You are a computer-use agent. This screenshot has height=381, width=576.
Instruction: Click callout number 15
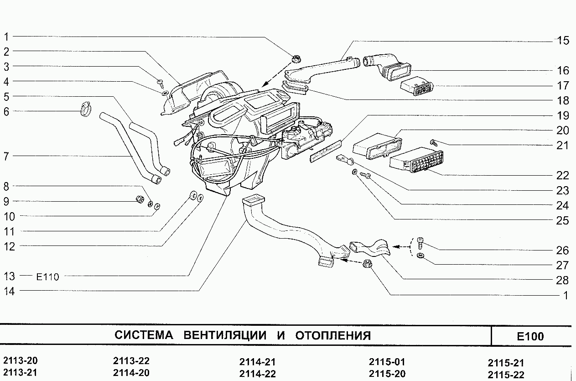pos(563,40)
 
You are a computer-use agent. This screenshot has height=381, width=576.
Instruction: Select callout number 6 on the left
pos(6,111)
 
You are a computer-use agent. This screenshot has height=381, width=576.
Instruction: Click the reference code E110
pos(47,277)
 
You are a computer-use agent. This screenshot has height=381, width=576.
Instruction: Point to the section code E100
pos(530,337)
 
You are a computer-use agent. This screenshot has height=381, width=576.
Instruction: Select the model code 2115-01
pos(386,362)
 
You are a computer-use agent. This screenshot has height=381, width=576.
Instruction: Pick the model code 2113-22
pos(131,361)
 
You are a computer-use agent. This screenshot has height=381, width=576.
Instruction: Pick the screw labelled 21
pos(434,143)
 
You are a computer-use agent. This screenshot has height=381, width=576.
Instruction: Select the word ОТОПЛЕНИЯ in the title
pos(332,336)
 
